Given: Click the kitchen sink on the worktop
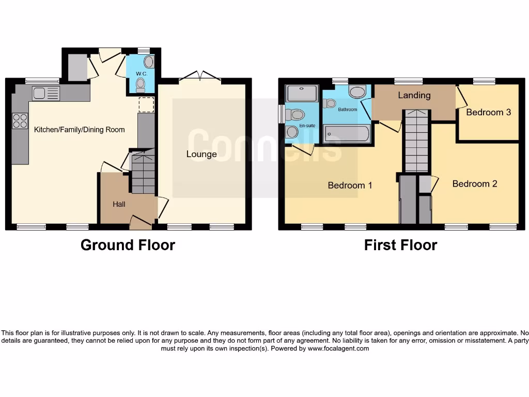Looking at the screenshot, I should (45, 93).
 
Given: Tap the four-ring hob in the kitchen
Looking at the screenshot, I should (20, 121).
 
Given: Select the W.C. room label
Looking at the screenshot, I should (142, 74).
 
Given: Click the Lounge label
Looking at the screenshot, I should (201, 154).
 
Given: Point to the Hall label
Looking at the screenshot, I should (119, 204).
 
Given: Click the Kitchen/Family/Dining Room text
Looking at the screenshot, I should (79, 130).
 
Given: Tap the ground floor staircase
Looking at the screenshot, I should (143, 171).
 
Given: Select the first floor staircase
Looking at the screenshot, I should (416, 141).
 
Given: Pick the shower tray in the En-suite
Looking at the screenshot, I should (302, 94).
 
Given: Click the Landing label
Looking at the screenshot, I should (414, 95).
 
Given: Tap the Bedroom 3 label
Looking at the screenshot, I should (488, 112).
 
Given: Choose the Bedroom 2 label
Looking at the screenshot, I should (474, 184).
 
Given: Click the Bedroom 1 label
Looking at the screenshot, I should (350, 185).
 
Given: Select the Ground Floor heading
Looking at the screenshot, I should (128, 245).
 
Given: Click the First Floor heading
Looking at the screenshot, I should (400, 245).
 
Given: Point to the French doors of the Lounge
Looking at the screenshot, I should (200, 78).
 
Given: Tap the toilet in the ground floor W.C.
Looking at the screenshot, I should (141, 86).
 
